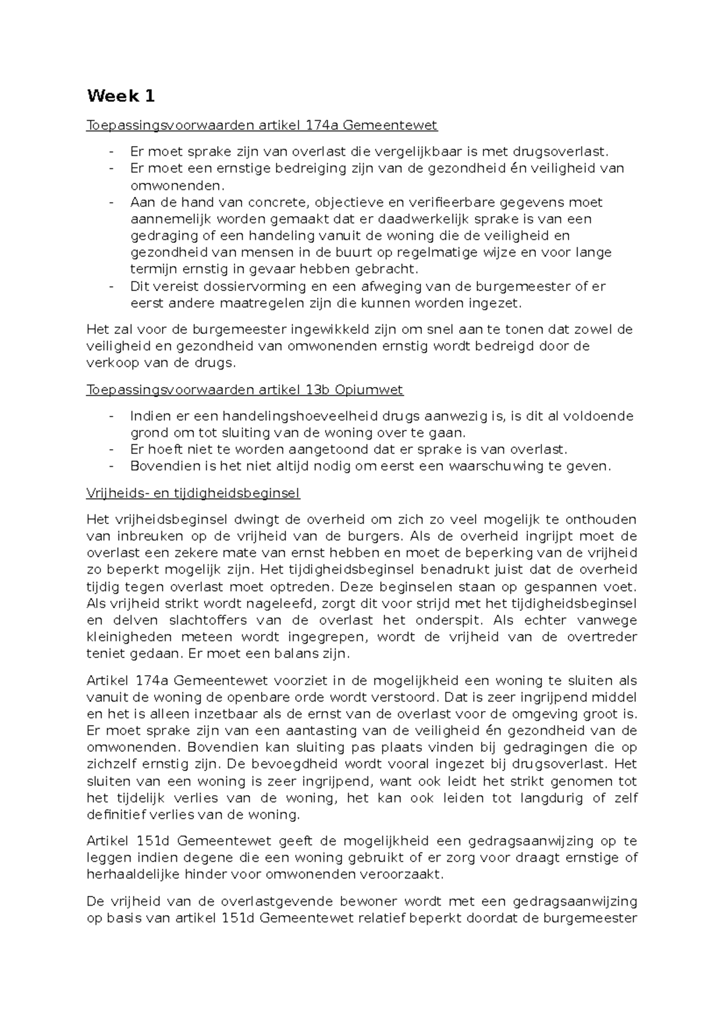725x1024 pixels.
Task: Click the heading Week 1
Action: (x=121, y=96)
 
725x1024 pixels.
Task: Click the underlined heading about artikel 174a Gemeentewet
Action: (x=262, y=126)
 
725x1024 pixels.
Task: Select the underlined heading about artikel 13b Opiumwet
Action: (x=245, y=390)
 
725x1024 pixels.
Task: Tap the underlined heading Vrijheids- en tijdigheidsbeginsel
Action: (x=193, y=493)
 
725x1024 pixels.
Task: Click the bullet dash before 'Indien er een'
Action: (x=111, y=416)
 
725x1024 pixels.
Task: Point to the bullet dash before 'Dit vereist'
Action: (x=111, y=286)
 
